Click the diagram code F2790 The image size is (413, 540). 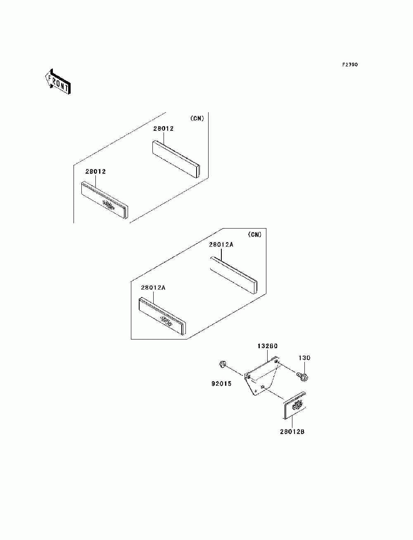349,65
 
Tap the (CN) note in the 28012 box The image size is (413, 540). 197,118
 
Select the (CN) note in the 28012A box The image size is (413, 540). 255,234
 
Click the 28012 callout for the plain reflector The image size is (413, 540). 163,128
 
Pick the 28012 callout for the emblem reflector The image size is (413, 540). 96,171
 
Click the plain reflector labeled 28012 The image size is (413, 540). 176,159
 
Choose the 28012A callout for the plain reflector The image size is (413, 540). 221,245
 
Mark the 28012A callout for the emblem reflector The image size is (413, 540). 153,288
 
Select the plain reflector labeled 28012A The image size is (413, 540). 233,275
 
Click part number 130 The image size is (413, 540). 304,358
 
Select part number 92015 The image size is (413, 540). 222,384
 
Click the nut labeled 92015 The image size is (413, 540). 222,364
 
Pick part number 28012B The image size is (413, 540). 292,432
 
